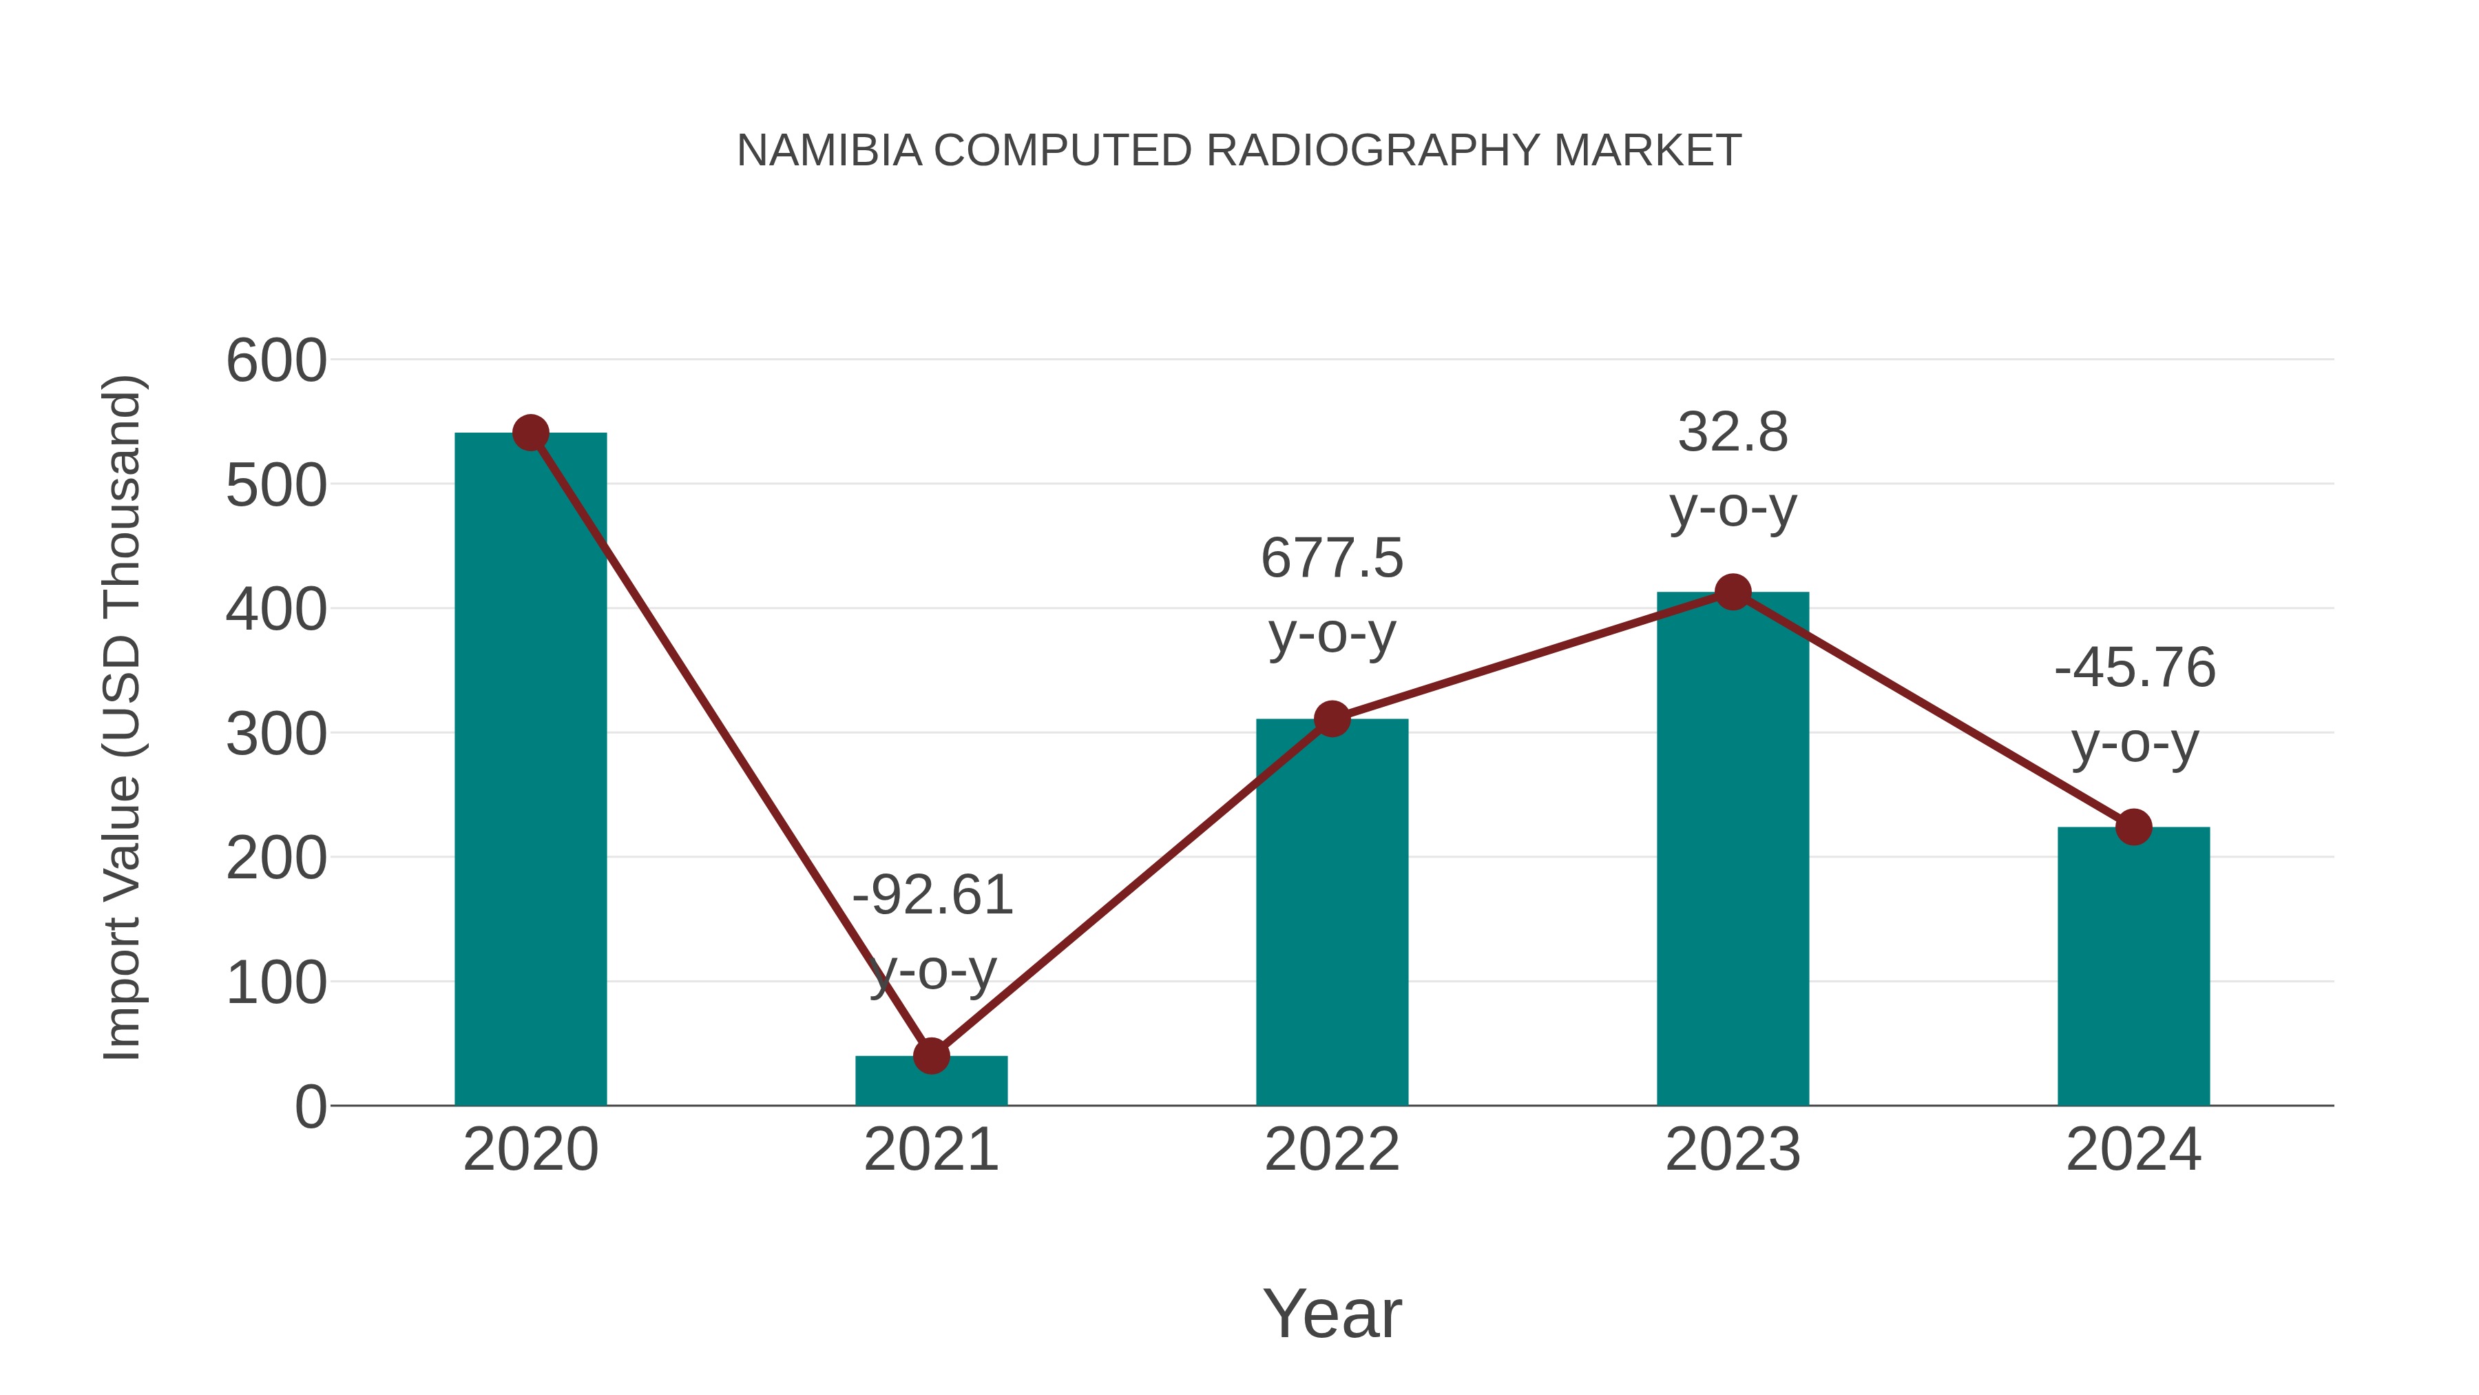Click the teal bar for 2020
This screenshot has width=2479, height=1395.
coord(530,770)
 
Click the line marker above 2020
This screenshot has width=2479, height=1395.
coord(530,433)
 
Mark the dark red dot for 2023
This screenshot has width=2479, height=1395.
coord(1733,592)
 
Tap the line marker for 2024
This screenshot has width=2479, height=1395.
coord(2133,827)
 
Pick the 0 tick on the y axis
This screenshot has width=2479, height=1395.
coord(310,1107)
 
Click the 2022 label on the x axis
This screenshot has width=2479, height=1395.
coord(1332,1150)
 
